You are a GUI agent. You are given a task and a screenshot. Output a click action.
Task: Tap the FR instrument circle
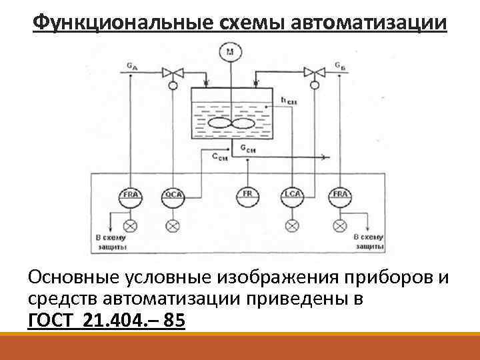tap(247, 195)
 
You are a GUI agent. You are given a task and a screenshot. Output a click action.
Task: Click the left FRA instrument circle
tap(130, 195)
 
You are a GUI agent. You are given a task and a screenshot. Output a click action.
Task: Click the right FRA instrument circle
tap(339, 195)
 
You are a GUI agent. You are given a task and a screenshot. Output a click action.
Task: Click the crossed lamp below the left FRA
tap(130, 225)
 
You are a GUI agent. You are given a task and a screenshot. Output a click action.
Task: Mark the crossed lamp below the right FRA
tap(339, 225)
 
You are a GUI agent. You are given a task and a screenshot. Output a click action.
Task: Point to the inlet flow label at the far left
tap(132, 65)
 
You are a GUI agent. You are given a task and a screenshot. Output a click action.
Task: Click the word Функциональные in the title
tap(123, 23)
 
